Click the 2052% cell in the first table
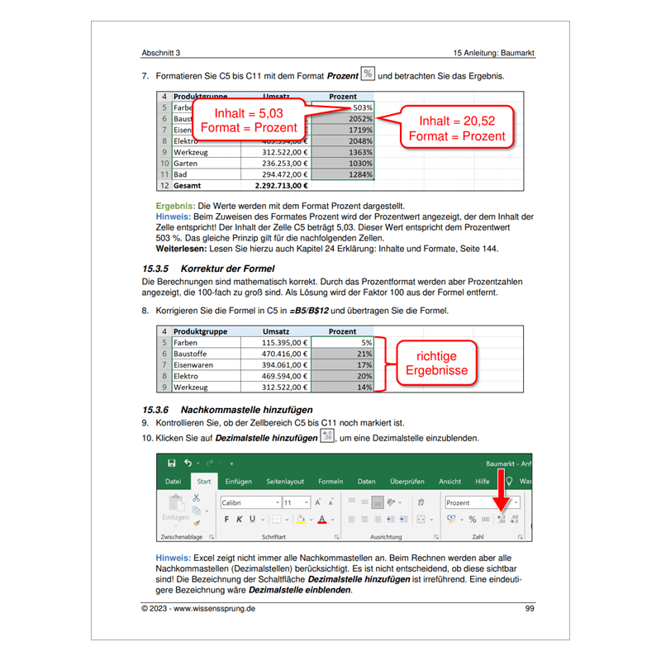point(344,119)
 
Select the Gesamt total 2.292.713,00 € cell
point(275,187)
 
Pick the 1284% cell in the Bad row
point(344,175)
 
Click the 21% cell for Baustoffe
point(344,353)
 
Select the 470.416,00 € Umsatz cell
point(275,353)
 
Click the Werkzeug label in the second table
point(192,387)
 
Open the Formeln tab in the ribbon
point(330,481)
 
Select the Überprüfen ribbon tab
point(407,481)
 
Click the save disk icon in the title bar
point(171,464)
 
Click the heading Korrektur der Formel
point(220,269)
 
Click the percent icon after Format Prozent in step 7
point(368,75)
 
